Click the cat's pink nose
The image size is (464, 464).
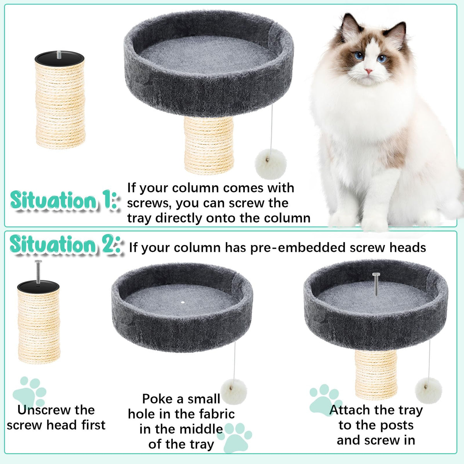click(x=368, y=71)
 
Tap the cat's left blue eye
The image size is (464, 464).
click(x=359, y=56)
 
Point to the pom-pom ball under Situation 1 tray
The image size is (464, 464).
click(x=271, y=164)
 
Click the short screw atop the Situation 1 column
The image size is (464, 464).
click(x=59, y=55)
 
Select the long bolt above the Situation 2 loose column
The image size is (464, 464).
click(x=38, y=271)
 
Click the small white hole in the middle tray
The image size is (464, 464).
click(x=183, y=302)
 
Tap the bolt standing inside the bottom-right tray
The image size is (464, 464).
click(x=376, y=284)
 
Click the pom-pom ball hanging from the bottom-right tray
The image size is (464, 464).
click(x=428, y=391)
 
